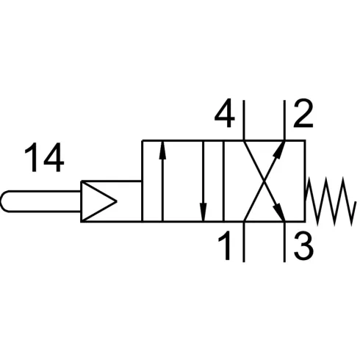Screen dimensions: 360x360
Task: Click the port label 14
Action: pos(44,157)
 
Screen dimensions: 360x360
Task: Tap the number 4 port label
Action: pos(225,113)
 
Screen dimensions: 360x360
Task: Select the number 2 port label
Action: pos(303,113)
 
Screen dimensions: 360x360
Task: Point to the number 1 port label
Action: pos(226,245)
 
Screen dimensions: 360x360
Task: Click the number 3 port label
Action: pos(303,245)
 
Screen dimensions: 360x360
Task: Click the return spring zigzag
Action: pos(331,201)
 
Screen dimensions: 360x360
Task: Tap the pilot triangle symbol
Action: pos(98,201)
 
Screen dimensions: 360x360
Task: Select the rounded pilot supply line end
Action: pos(5,201)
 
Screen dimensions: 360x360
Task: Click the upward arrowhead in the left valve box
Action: pos(162,150)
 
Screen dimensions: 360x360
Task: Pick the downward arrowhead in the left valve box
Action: pos(203,212)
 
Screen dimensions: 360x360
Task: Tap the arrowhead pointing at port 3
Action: pos(279,212)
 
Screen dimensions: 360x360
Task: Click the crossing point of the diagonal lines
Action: pos(264,181)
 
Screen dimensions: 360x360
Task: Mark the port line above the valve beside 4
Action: pos(244,120)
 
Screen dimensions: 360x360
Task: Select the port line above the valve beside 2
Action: pos(284,120)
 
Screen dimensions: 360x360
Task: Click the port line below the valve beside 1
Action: pos(244,242)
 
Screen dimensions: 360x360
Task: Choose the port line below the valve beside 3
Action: pos(284,242)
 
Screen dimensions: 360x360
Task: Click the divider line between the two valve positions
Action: pos(223,181)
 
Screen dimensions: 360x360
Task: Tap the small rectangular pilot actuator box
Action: pos(112,201)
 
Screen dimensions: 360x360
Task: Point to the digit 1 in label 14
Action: pos(32,157)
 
